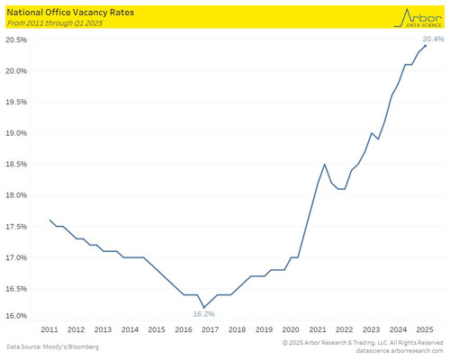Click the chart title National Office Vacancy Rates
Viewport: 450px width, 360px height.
[x=70, y=13]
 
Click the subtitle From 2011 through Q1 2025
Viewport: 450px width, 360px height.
[x=55, y=23]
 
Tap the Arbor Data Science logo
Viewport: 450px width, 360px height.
[x=418, y=18]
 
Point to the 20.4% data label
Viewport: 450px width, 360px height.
[x=433, y=39]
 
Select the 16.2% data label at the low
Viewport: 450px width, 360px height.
[x=203, y=314]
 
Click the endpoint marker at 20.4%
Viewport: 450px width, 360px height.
[x=426, y=46]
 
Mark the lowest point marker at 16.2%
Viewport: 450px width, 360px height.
[x=204, y=307]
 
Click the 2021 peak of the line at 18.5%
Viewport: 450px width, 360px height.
[x=325, y=164]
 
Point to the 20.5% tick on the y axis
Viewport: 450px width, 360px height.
[x=16, y=40]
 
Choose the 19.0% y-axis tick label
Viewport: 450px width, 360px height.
[x=16, y=133]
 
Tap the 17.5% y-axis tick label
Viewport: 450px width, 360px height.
[x=16, y=227]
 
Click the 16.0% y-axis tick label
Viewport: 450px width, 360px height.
[x=16, y=316]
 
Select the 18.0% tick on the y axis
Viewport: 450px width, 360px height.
[x=16, y=195]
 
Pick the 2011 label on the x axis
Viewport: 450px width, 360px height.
[x=49, y=329]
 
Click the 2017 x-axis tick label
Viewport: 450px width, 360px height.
[x=210, y=329]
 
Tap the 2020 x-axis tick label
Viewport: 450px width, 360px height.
[x=291, y=329]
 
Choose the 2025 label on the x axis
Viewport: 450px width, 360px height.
[x=425, y=329]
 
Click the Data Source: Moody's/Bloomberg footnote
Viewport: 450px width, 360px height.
[x=53, y=347]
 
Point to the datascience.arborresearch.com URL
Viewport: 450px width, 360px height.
[x=400, y=351]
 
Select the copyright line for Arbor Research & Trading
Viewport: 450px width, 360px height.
[x=363, y=343]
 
